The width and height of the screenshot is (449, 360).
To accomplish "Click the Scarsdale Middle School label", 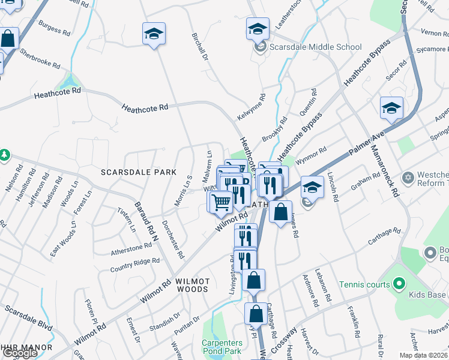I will [x=315, y=47].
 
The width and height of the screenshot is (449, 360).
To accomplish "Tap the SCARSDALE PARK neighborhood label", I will [x=139, y=172].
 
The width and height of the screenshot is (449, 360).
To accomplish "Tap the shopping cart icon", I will [x=221, y=202].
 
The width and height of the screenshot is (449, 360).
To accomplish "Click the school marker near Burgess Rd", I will [x=154, y=34].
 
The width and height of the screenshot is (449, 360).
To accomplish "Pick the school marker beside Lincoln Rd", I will [x=312, y=187].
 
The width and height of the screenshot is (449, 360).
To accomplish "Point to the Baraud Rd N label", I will [x=145, y=221].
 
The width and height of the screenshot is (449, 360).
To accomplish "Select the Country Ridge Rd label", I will [x=135, y=262].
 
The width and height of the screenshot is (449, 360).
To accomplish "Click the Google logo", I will [x=20, y=353].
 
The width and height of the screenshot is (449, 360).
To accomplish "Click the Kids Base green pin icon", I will [x=400, y=284].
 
